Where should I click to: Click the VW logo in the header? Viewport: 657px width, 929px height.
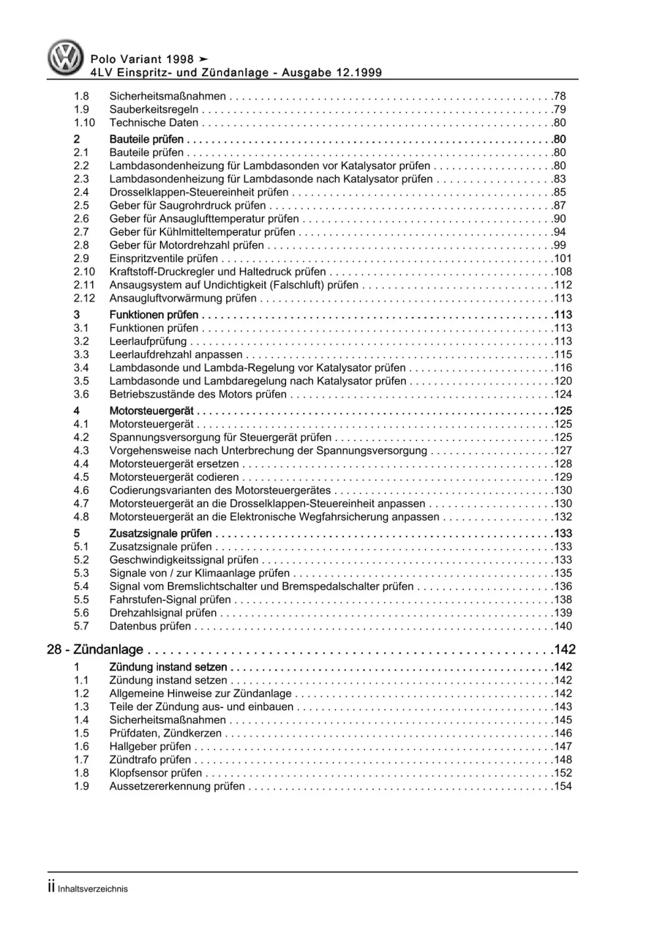coord(66,57)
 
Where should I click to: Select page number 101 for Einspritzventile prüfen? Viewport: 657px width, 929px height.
coord(563,258)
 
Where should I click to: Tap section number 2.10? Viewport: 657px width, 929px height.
coord(84,272)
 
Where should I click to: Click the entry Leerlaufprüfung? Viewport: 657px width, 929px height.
coord(148,341)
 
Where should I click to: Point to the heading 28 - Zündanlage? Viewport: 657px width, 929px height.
coord(95,650)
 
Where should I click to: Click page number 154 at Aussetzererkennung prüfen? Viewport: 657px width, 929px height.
coord(563,786)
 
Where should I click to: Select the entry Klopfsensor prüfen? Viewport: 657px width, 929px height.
coord(155,773)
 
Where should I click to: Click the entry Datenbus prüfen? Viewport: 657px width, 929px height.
coord(150,626)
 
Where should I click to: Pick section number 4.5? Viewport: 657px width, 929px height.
coord(81,477)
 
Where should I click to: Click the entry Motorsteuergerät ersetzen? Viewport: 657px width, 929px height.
coord(174,464)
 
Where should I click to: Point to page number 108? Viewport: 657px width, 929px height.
coord(563,272)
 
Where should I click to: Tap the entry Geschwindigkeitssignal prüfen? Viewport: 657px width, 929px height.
coord(184,560)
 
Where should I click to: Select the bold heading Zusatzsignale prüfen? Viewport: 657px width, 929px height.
coord(160,533)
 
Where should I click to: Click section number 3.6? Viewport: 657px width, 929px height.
coord(81,394)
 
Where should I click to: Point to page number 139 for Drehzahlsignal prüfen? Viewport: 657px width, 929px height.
coord(563,613)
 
